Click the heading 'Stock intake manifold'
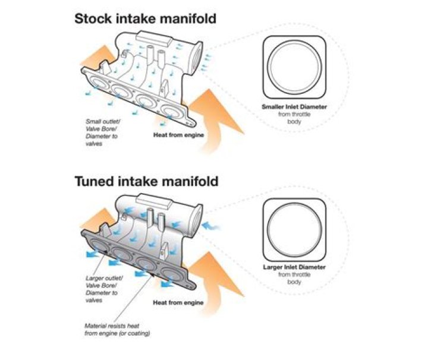pos(145,18)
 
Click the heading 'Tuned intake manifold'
pos(146,181)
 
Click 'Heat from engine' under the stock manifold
pos(178,135)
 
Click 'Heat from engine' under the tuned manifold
pos(178,302)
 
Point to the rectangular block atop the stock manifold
pos(153,39)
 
